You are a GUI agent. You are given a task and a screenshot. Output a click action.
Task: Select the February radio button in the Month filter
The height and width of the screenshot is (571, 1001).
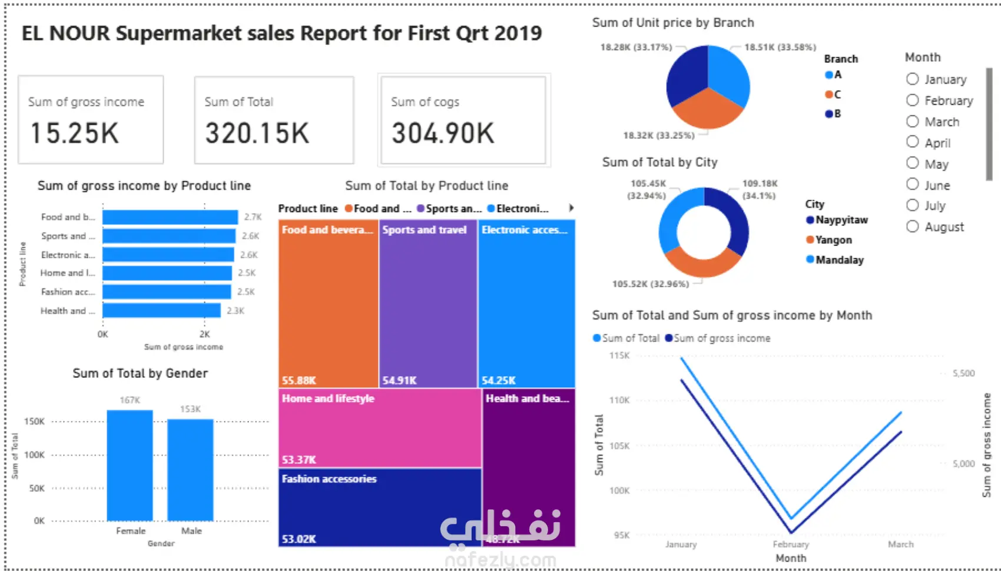point(913,101)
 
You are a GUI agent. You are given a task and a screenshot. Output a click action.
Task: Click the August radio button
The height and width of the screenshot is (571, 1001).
point(913,227)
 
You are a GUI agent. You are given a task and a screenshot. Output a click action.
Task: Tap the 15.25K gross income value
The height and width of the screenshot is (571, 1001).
point(75,133)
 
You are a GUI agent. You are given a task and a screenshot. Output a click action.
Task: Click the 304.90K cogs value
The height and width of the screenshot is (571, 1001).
point(443,133)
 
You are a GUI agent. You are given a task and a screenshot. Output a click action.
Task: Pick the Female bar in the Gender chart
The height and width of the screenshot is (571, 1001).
point(130,465)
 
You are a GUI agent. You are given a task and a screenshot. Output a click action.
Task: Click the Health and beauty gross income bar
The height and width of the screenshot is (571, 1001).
point(161,310)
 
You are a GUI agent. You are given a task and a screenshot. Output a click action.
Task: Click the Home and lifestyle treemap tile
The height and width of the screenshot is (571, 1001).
point(380,428)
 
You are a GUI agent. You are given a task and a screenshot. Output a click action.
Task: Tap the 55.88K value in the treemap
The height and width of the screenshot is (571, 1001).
point(299,380)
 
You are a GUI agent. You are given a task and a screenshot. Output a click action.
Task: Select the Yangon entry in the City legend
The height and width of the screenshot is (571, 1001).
point(833,240)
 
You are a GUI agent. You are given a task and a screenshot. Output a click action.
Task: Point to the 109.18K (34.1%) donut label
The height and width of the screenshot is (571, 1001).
point(760,190)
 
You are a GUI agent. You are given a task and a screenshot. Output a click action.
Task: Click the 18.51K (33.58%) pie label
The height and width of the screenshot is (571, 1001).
point(780,47)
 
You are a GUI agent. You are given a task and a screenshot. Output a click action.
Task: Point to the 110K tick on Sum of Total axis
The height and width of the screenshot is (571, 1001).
point(619,400)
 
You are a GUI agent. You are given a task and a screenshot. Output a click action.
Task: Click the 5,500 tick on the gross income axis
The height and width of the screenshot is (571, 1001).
point(964,373)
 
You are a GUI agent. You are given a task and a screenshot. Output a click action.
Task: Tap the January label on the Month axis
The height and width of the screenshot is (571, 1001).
point(681,545)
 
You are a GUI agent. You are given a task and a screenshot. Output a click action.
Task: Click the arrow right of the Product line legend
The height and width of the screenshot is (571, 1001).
point(571,208)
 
